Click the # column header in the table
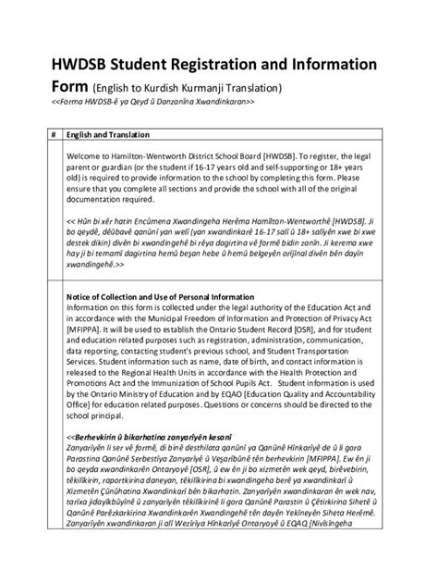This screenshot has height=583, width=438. click(x=53, y=133)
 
